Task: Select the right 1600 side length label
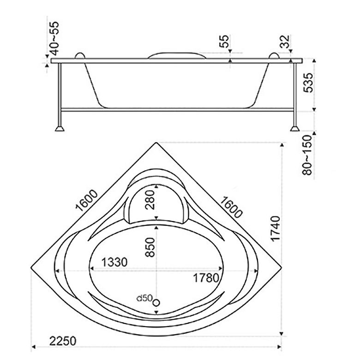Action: point(230,205)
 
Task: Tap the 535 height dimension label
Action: point(309,83)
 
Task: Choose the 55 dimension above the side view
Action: point(224,41)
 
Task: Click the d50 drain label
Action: point(144,298)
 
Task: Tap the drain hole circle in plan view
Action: point(156,302)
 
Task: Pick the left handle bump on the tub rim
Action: point(80,55)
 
